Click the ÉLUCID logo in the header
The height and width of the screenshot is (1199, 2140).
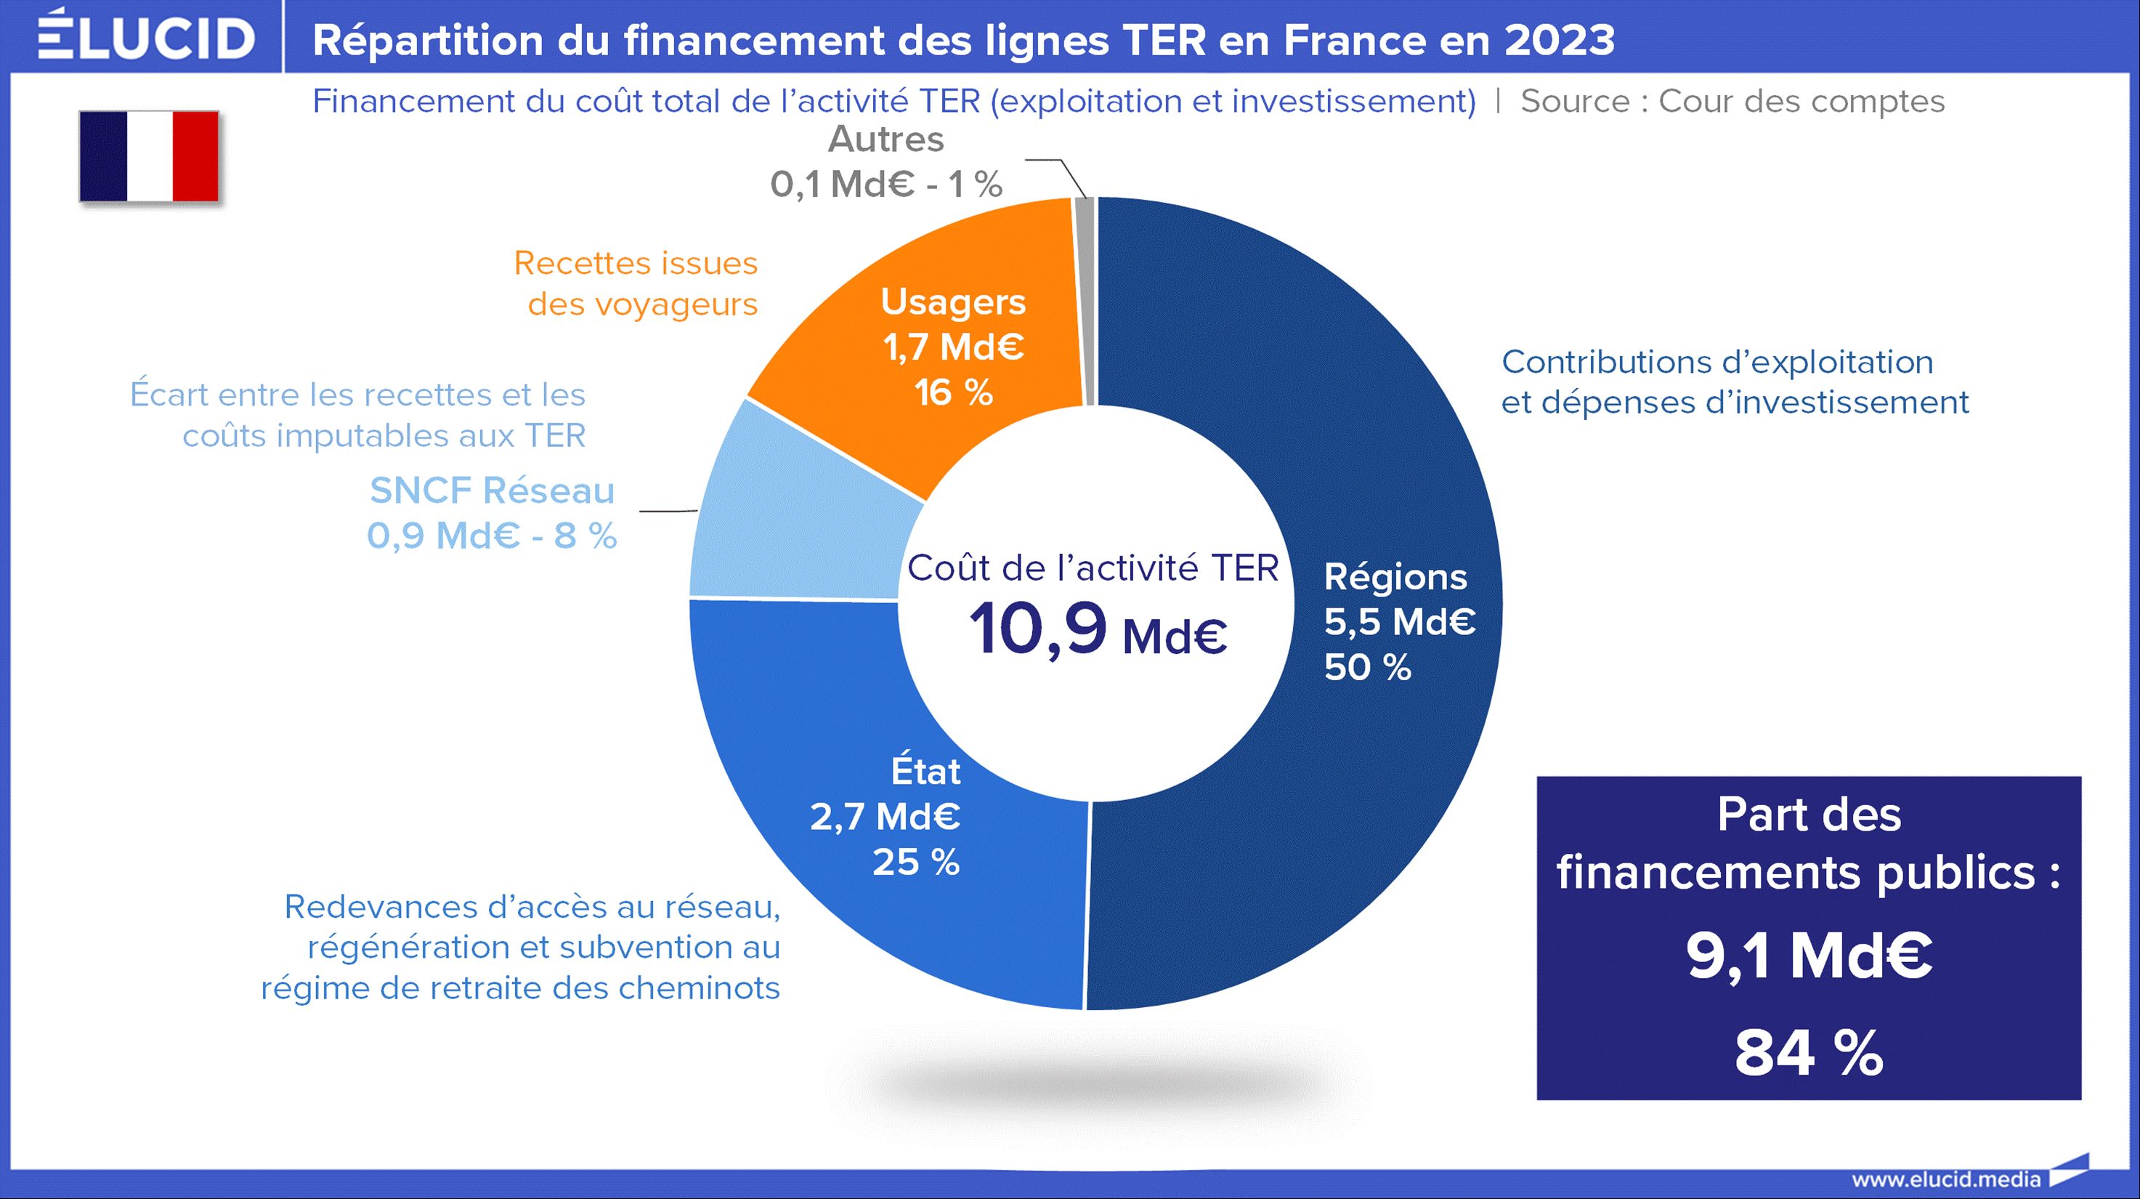[x=146, y=36]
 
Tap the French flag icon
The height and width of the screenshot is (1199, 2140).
[x=150, y=156]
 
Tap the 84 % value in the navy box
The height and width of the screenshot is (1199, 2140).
[x=1809, y=1053]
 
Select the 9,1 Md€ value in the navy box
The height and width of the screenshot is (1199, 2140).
[x=1809, y=956]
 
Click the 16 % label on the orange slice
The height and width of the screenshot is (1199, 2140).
[x=954, y=392]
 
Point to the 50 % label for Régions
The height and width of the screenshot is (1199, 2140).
[x=1367, y=667]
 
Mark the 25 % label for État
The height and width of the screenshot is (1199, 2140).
[x=915, y=863]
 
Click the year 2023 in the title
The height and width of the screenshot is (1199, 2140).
[x=1560, y=40]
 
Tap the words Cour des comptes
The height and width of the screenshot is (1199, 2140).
[x=1801, y=102]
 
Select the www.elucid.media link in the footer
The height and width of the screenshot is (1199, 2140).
[x=1945, y=1178]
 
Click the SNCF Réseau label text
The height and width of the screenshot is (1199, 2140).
[x=492, y=490]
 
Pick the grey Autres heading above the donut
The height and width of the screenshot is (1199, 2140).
[x=885, y=139]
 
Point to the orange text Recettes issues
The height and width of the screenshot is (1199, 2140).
[x=636, y=262]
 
